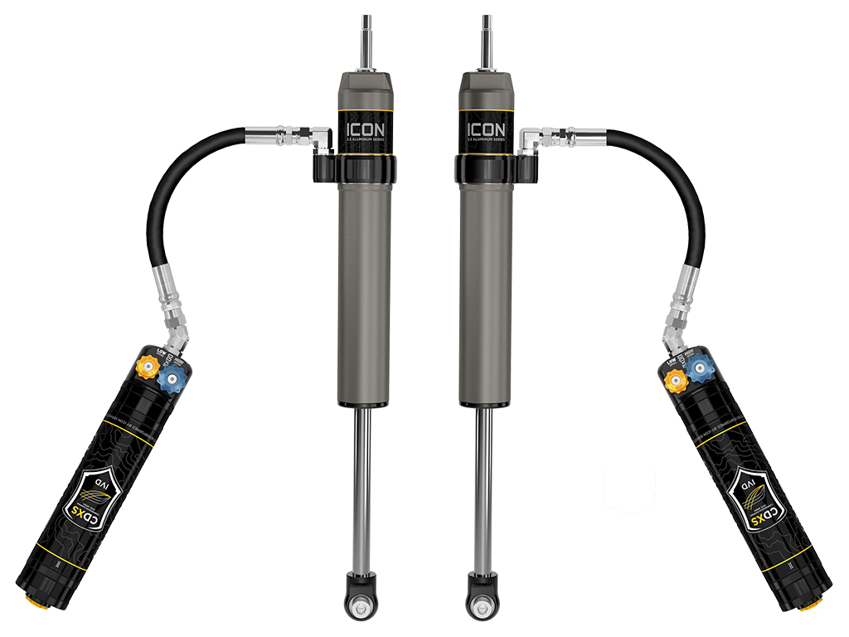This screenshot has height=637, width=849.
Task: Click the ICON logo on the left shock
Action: click(x=365, y=130)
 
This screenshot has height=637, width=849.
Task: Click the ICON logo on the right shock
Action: click(x=485, y=130)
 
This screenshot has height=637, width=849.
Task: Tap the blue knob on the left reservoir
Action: click(x=172, y=381)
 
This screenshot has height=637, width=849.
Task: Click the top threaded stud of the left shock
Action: click(x=366, y=41)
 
